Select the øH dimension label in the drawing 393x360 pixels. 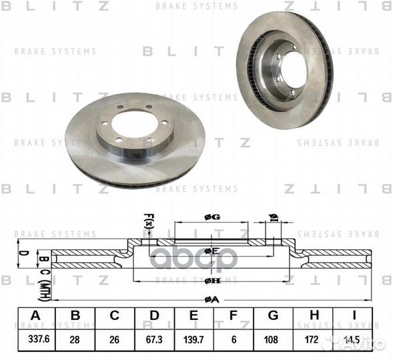(x=209, y=281)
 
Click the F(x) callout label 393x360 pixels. (x=148, y=219)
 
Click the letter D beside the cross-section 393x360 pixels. (x=21, y=255)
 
